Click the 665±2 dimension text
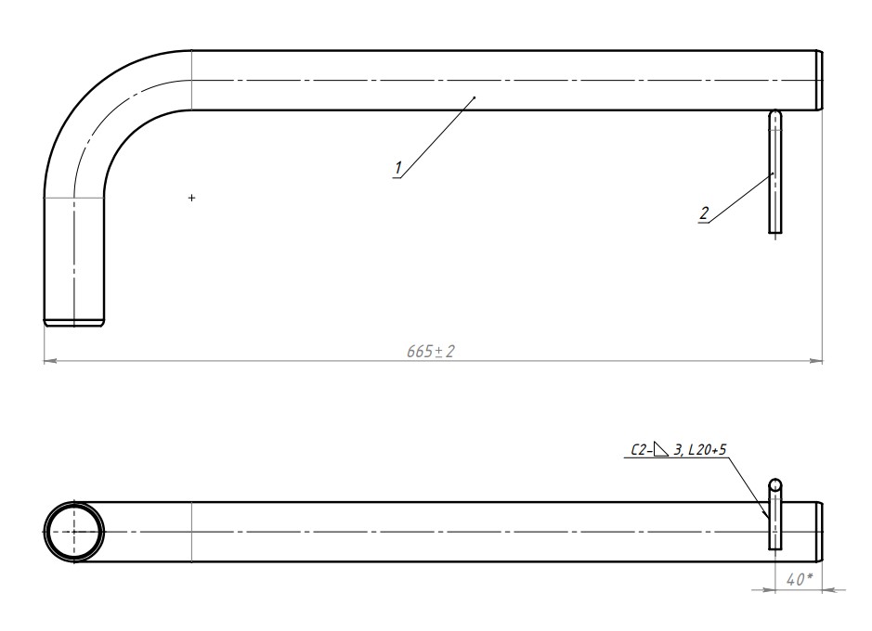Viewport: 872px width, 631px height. point(431,351)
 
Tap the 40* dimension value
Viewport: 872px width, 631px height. point(800,579)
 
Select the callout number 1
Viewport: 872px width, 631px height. point(397,168)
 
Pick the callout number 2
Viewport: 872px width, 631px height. point(704,213)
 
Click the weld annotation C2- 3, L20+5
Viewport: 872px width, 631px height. point(679,449)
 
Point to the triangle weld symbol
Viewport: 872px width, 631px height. point(660,449)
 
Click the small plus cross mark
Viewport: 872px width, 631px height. point(192,198)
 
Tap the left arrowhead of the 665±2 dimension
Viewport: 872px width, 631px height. point(50,361)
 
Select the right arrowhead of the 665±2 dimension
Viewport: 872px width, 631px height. point(816,361)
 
